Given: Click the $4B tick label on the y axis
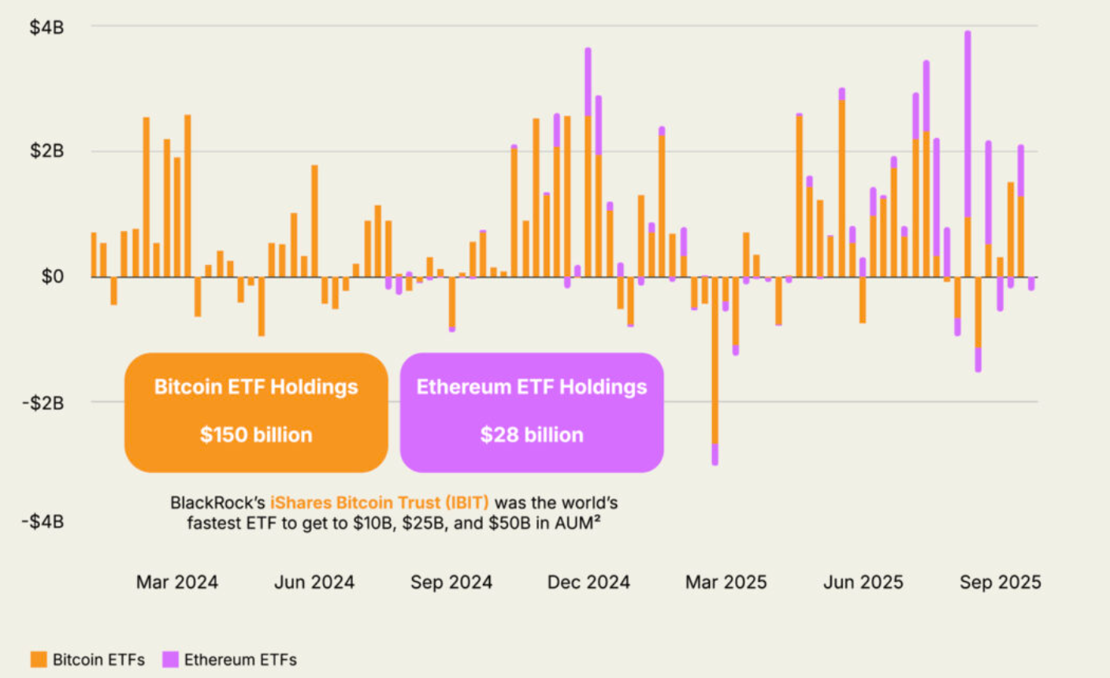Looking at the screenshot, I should (x=46, y=28).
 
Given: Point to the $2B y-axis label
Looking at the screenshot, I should (x=46, y=151).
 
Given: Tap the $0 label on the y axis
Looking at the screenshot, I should (x=52, y=277).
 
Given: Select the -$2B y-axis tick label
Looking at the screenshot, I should (x=43, y=403).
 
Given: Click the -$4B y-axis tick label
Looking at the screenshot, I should (x=43, y=521).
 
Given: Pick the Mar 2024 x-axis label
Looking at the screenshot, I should (x=176, y=583).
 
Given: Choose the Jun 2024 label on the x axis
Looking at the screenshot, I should (x=314, y=583).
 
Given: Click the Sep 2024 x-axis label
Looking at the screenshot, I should (x=451, y=583).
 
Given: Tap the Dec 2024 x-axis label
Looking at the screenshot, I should (x=588, y=583).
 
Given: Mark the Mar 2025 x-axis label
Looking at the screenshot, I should (x=726, y=583).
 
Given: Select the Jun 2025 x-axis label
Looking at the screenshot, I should (x=863, y=583).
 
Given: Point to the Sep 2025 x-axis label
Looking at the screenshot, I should (x=1000, y=583).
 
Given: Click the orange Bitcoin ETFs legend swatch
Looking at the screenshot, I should (x=39, y=660).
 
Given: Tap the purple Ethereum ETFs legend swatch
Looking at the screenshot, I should (x=170, y=660).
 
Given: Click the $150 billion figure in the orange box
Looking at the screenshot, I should (x=256, y=434).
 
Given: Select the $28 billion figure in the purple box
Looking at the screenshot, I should (x=532, y=434).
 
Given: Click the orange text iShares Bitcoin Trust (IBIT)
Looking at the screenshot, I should (x=380, y=502).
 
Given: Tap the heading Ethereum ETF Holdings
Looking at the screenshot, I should (x=532, y=387).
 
